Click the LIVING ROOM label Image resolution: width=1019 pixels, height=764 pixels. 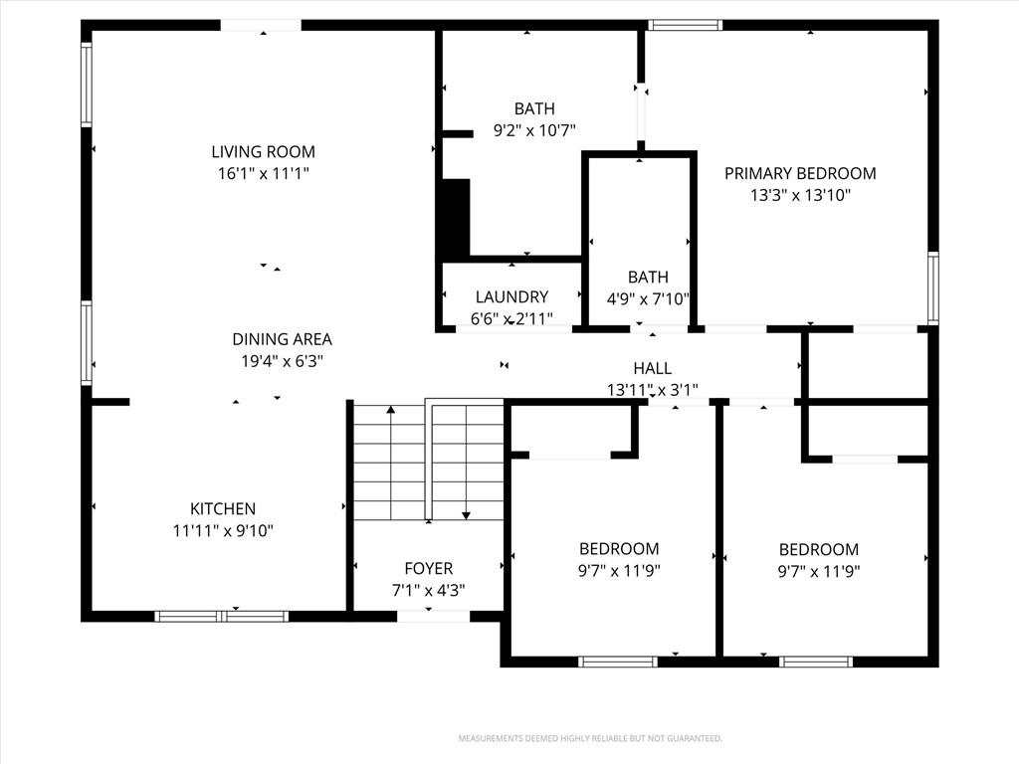pos(263,152)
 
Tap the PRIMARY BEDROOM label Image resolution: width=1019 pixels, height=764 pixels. pos(800,173)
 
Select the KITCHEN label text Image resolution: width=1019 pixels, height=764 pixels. pos(223,508)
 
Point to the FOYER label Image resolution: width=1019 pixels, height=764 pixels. pos(428,568)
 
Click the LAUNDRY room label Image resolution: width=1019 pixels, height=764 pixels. pos(512,296)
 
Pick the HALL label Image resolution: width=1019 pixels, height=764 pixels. pos(653,368)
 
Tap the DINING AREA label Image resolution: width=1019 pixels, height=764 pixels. pos(282,339)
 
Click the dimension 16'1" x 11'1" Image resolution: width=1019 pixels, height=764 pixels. pos(263,173)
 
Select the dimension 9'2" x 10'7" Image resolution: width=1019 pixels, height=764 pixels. pos(534,130)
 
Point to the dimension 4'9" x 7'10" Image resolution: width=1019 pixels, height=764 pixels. pos(648,298)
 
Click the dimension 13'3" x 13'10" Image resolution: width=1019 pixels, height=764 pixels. pos(801,195)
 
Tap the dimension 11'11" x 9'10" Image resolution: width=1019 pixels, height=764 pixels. pos(223,531)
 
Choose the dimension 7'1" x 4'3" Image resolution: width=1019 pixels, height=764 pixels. pos(428,590)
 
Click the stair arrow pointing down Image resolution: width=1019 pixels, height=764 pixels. pos(466,463)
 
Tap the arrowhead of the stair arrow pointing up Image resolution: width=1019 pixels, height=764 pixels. pos(390,410)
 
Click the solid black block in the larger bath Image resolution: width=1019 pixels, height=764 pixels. pos(456,218)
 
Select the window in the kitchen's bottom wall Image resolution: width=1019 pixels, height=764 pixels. pos(222,616)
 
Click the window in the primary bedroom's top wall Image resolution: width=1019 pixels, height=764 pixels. pos(685,25)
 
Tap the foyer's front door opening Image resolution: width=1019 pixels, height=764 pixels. pos(433,616)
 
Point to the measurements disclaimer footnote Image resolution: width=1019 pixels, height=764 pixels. pos(590,739)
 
